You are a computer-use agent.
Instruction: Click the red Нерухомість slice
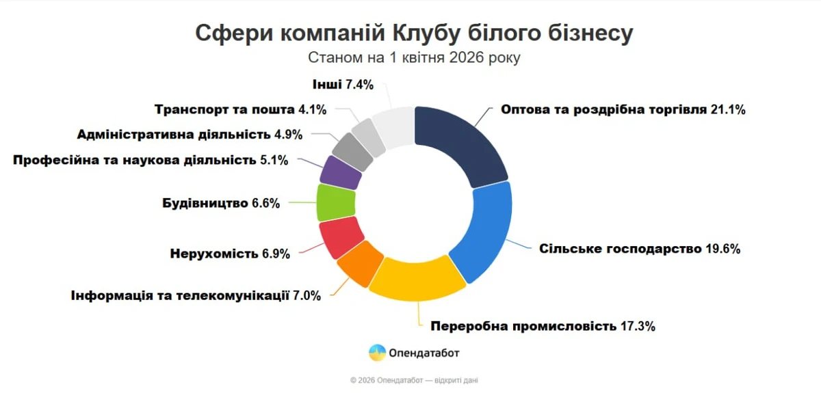click(340, 236)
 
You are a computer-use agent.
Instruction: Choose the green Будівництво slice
click(335, 203)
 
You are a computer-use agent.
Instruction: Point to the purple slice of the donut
click(340, 173)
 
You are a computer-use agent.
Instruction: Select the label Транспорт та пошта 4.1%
click(240, 109)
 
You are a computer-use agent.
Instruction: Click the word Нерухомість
click(213, 254)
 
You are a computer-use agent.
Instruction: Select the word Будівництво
click(205, 203)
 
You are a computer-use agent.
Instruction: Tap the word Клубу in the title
click(420, 32)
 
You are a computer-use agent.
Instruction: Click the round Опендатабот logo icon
click(377, 353)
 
